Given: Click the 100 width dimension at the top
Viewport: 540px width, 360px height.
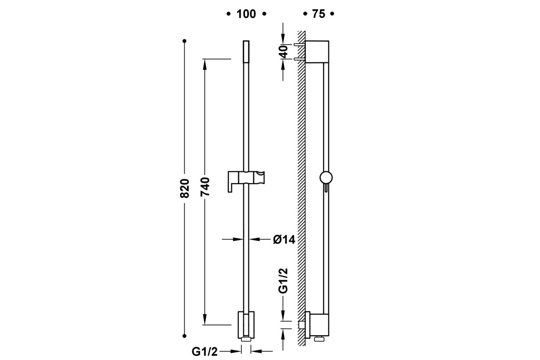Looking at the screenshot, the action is (x=246, y=14).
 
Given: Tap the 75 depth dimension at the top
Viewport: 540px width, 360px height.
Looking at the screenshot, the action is (x=319, y=14).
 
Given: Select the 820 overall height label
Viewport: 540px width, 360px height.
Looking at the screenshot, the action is (x=184, y=188).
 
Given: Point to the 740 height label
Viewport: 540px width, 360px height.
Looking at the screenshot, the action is (x=205, y=186).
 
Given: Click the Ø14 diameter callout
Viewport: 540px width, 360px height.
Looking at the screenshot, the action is (x=284, y=240).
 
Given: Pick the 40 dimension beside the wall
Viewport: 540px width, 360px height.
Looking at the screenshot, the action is (x=284, y=52).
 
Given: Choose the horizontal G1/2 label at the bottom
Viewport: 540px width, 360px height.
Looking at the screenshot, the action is (x=205, y=352).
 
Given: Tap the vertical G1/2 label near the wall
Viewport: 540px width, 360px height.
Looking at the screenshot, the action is (x=283, y=281).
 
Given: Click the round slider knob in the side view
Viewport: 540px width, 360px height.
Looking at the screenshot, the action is (x=326, y=178).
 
